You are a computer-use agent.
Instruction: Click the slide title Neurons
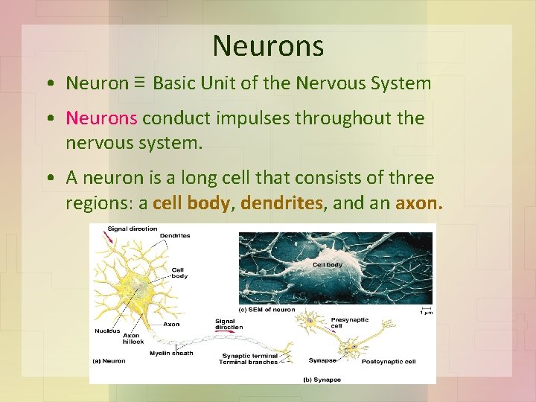coord(268,46)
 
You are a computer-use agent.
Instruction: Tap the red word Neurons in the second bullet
coord(101,118)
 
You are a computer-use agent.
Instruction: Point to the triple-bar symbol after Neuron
coord(140,82)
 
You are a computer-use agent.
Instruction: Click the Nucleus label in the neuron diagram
coord(108,331)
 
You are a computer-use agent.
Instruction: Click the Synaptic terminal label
coord(248,356)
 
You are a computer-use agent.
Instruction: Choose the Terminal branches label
coord(248,363)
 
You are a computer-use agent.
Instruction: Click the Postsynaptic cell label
coord(389,362)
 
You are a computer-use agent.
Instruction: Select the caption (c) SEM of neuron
coord(267,310)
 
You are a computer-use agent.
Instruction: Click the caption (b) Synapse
coord(323,380)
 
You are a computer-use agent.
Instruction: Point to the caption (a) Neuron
coord(108,362)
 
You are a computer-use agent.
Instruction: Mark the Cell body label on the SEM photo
coord(328,264)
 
